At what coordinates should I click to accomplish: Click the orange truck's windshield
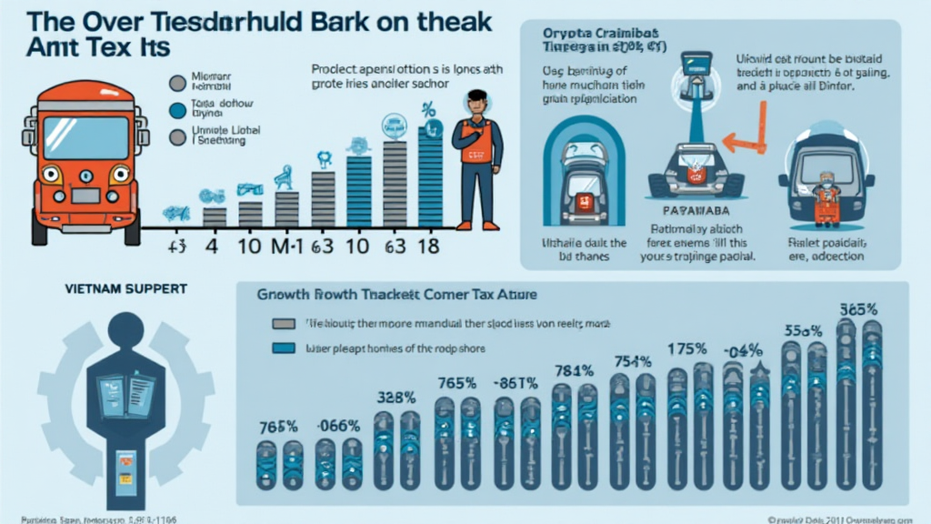(x=86, y=137)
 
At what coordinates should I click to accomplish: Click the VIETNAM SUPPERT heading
(x=126, y=288)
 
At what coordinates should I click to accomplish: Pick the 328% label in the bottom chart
(x=396, y=398)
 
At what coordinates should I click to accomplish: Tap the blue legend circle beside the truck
(x=177, y=110)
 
